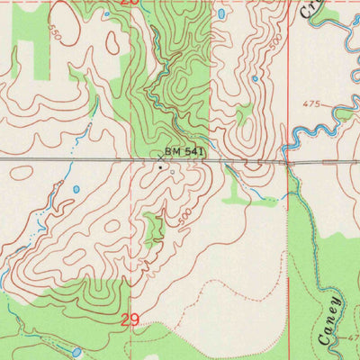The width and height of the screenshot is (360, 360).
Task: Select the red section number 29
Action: [130, 319]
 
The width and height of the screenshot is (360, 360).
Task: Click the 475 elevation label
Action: [311, 105]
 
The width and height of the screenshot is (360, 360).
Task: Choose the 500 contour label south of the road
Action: [185, 217]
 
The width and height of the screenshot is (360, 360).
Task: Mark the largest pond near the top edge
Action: [220, 16]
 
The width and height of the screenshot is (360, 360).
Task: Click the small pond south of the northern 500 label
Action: [256, 78]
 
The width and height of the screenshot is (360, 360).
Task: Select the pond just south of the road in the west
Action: [76, 190]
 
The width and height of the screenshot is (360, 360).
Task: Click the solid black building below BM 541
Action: [160, 166]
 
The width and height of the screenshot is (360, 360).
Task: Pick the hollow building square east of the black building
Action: [172, 168]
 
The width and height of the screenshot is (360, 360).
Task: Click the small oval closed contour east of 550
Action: [112, 42]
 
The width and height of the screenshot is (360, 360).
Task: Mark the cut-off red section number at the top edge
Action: [130, 3]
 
